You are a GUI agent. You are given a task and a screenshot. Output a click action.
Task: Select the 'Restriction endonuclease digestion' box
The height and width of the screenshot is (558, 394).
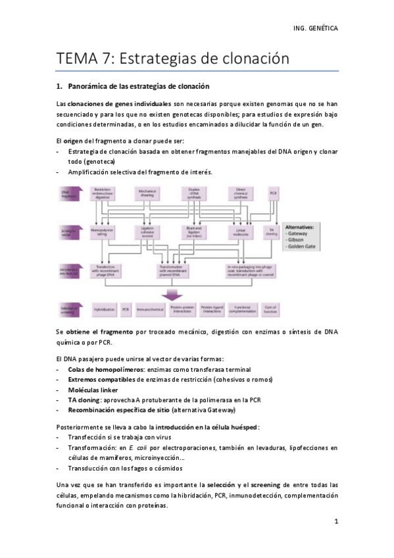pyautogui.click(x=102, y=195)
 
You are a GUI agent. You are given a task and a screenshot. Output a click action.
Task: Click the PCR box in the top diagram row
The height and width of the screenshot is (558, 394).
pyautogui.click(x=273, y=195)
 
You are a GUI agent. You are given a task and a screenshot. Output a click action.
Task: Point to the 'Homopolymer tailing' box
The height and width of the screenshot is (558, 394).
pyautogui.click(x=102, y=232)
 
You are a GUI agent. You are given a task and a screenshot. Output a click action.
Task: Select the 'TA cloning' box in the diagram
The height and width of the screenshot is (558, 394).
pyautogui.click(x=272, y=232)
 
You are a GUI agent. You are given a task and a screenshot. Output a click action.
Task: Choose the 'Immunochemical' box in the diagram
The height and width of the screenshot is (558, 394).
pyautogui.click(x=151, y=307)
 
